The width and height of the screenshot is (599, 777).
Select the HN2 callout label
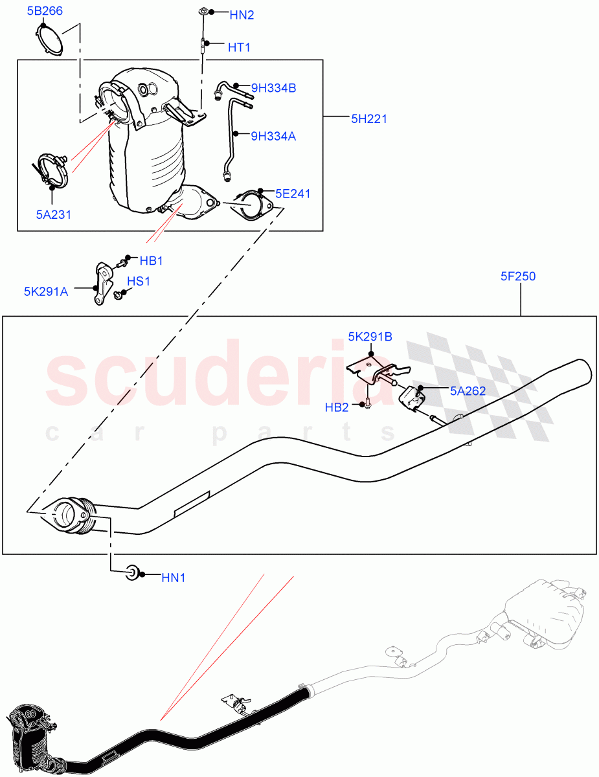point(242,15)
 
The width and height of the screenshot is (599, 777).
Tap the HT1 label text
point(238,47)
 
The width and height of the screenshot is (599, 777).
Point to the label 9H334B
point(273,88)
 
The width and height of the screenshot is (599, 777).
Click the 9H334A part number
point(273,136)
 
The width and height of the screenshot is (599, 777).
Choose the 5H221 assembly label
point(369,118)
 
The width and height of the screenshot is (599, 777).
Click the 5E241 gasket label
point(293,193)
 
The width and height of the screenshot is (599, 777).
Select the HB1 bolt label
point(151,261)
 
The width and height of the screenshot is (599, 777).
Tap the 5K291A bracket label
point(45,291)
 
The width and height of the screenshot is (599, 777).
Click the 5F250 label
point(517,276)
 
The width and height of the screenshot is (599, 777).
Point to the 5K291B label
point(370,336)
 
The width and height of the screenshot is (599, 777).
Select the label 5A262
point(468,390)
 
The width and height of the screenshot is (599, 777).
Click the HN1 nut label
point(173,578)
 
